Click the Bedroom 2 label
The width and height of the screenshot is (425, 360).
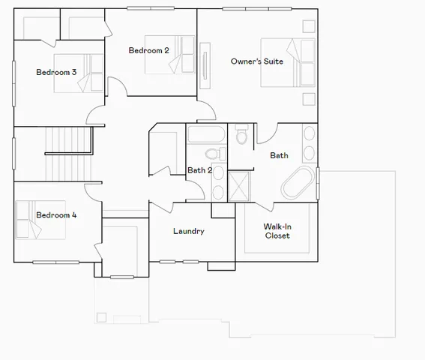coord(148,50)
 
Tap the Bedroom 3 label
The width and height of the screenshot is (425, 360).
coord(56,72)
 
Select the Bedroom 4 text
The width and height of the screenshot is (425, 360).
coord(56,215)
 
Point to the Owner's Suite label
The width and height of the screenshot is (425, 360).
coord(256,61)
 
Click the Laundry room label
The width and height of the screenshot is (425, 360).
coord(188,231)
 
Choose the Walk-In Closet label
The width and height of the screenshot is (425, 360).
coord(277,231)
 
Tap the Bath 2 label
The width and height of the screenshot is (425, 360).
coord(199,170)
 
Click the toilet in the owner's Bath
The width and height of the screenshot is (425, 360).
coord(241,136)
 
